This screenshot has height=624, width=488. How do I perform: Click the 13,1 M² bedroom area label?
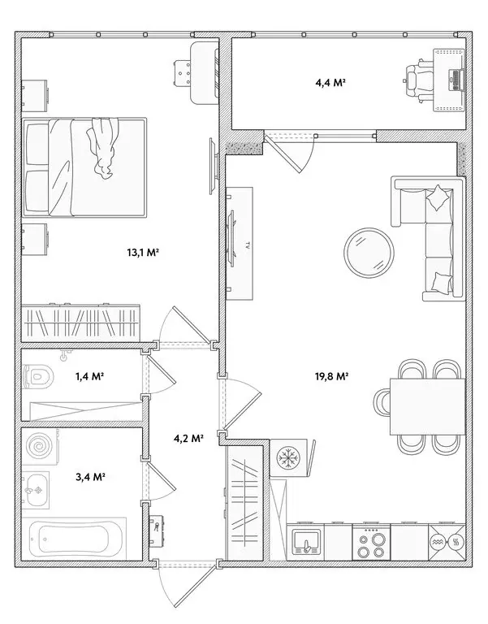pyautogui.click(x=142, y=253)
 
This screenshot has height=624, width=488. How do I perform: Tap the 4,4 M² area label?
pyautogui.click(x=330, y=82)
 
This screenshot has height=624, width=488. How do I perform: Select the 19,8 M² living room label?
pyautogui.click(x=333, y=376)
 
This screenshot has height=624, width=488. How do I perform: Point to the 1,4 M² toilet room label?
pyautogui.click(x=91, y=376)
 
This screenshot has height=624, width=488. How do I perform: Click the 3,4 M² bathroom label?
pyautogui.click(x=92, y=476)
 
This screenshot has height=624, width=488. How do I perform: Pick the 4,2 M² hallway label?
pyautogui.click(x=188, y=439)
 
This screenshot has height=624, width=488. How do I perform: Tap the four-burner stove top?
pyautogui.click(x=371, y=541)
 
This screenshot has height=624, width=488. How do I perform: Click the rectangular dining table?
pyautogui.click(x=428, y=406)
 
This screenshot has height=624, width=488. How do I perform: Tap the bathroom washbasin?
pyautogui.click(x=37, y=490)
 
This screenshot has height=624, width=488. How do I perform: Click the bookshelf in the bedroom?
pyautogui.click(x=81, y=321)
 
